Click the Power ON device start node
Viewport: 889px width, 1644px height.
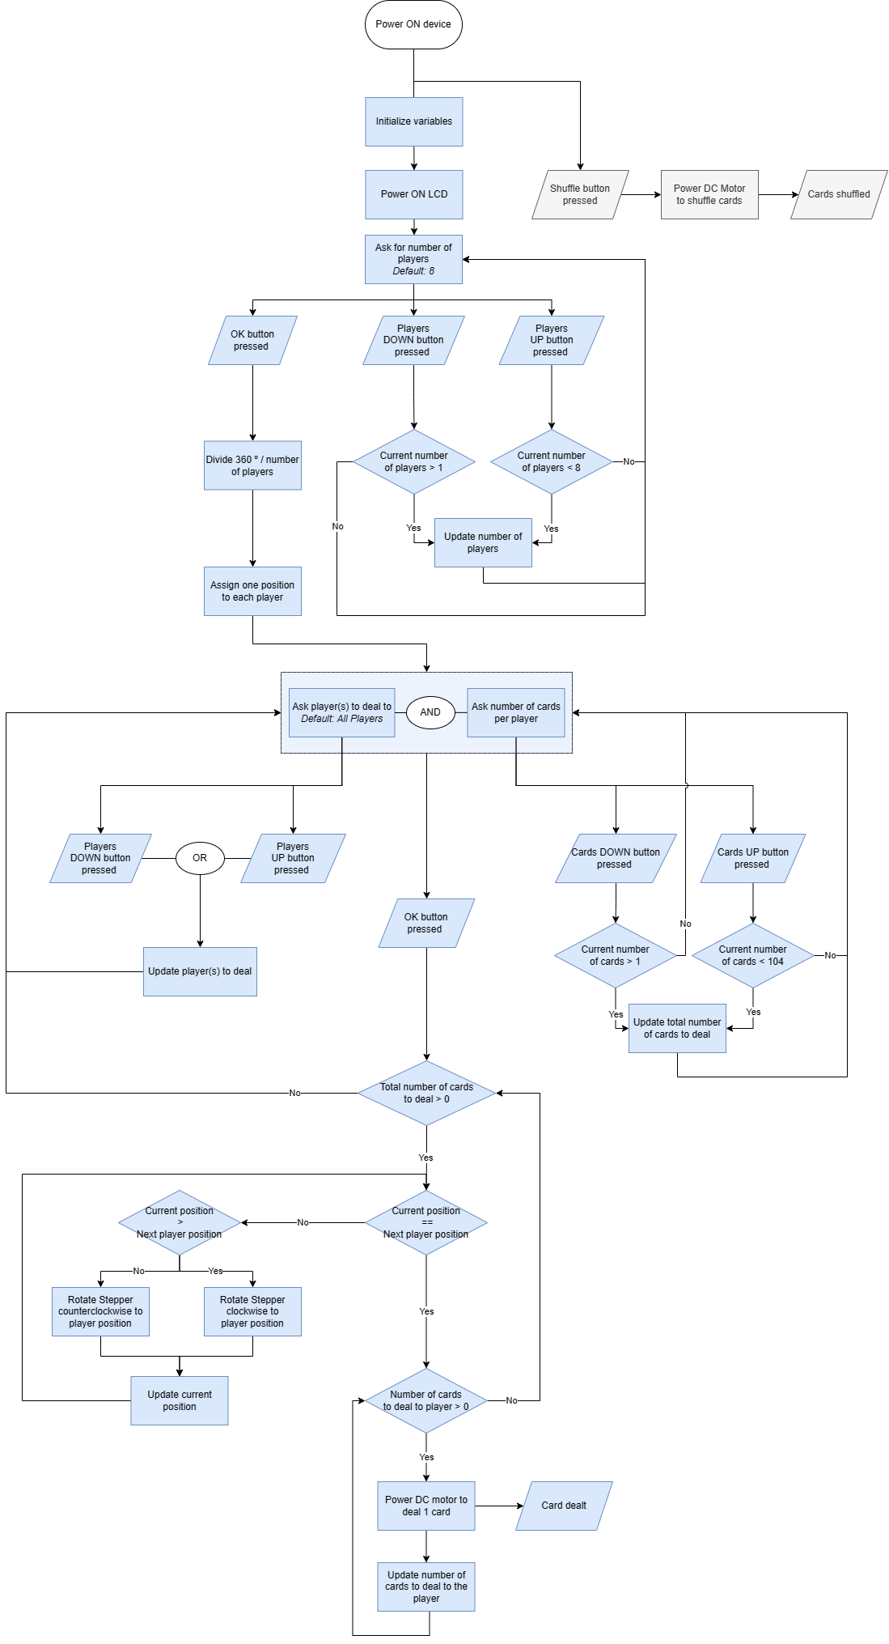413,24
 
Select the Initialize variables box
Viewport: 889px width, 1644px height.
413,121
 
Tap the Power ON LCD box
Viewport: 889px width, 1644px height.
413,194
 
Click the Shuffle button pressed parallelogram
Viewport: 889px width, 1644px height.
580,194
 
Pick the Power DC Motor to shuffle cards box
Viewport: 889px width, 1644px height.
709,194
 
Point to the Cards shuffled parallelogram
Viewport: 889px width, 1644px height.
839,194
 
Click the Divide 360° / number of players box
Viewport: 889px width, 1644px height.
252,465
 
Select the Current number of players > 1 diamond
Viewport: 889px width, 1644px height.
413,461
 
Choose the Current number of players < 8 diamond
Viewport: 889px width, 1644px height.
551,461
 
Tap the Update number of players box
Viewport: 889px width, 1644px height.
483,542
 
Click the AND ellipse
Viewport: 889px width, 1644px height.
430,712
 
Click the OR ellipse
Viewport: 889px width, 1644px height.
200,858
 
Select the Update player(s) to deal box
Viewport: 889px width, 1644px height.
200,971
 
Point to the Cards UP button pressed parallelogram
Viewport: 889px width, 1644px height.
752,858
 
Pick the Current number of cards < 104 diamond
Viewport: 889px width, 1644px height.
752,955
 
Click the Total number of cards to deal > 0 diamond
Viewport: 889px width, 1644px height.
426,1093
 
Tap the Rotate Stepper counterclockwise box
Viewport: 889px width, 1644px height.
100,1311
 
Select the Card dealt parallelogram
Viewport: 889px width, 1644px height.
564,1506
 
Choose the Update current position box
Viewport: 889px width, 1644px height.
180,1400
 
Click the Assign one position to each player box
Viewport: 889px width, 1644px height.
252,591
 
